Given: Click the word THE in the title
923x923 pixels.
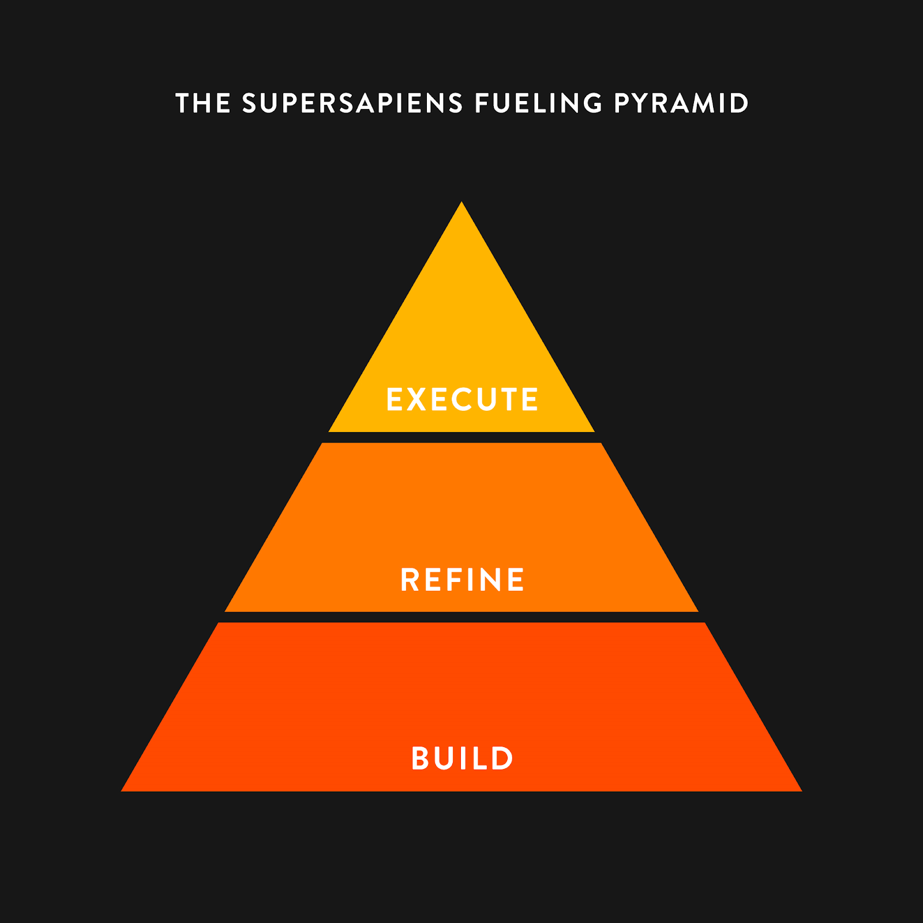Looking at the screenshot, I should pyautogui.click(x=203, y=104).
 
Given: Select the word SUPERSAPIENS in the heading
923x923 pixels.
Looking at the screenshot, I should pyautogui.click(x=352, y=104).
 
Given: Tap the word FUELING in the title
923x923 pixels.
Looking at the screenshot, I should pyautogui.click(x=538, y=104).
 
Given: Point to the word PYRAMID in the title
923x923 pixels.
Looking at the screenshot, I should pyautogui.click(x=681, y=104).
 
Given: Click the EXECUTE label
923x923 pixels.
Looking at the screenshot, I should pyautogui.click(x=462, y=399).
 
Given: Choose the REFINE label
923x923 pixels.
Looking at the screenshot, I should pyautogui.click(x=462, y=580).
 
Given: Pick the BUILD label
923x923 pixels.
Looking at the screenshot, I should pyautogui.click(x=462, y=759).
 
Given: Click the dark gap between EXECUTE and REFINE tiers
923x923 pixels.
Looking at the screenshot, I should pyautogui.click(x=461, y=437).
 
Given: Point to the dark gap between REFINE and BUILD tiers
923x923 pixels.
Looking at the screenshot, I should pyautogui.click(x=461, y=617).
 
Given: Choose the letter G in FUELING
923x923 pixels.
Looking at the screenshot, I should pyautogui.click(x=592, y=104).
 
